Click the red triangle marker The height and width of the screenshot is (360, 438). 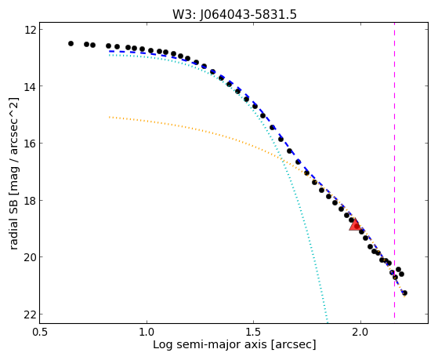click(355, 225)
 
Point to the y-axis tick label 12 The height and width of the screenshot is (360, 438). click(31, 30)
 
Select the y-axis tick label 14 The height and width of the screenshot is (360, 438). click(31, 86)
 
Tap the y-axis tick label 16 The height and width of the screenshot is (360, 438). click(31, 144)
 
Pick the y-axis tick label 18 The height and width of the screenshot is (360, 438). click(31, 201)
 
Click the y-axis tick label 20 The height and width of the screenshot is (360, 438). click(31, 257)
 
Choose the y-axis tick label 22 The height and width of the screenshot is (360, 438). click(31, 315)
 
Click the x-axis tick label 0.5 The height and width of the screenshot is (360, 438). click(40, 332)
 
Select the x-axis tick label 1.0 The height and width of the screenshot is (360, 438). click(147, 332)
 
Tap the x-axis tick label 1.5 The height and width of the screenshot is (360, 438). click(253, 332)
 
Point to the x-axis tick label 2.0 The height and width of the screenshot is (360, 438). click(360, 332)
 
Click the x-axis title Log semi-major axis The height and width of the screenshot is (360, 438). click(210, 345)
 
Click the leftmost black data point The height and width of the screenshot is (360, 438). click(71, 43)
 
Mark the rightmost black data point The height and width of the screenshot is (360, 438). click(404, 293)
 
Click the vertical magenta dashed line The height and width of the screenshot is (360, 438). click(394, 170)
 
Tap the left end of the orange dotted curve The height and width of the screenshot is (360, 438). click(109, 117)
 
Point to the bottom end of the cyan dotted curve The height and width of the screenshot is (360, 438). click(327, 322)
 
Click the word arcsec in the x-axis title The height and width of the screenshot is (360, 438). click(292, 345)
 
